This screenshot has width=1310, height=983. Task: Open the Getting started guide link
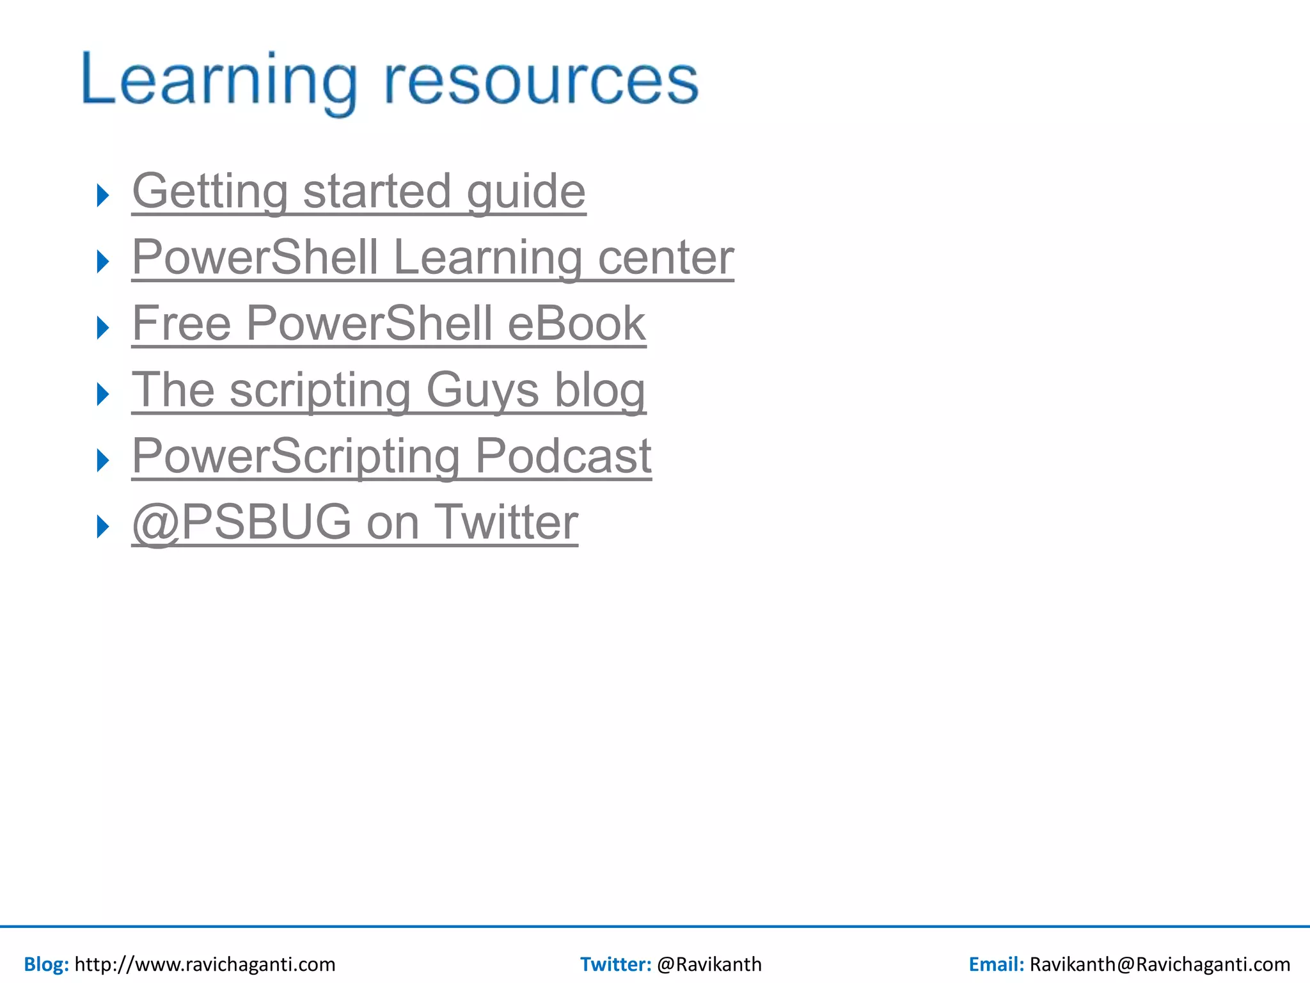coord(358,191)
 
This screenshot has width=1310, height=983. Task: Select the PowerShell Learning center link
coord(432,258)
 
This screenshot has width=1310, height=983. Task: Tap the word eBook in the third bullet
coord(576,324)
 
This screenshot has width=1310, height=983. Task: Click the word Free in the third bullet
coord(182,324)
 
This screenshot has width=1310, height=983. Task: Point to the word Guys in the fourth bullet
coord(482,390)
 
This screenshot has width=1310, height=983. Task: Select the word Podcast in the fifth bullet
coord(563,456)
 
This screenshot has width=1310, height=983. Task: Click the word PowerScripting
coord(296,456)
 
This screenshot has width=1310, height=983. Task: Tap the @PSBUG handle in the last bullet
coord(242,523)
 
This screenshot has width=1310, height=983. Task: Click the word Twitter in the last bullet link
coord(506,523)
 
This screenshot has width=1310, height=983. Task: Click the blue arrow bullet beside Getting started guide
coord(103,195)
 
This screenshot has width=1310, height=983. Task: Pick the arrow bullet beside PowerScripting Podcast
coord(103,460)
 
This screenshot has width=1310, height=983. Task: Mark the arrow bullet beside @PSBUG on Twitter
coord(103,527)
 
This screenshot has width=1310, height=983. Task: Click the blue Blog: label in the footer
coord(46,964)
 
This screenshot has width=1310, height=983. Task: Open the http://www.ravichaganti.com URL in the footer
coord(205,964)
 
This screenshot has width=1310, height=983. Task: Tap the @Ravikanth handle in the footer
coord(709,964)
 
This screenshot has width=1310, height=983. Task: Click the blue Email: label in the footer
coord(996,964)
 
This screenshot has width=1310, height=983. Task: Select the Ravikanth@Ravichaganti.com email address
coord(1159,964)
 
